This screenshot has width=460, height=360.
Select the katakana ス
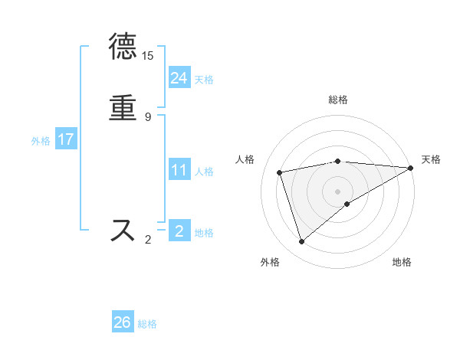124,230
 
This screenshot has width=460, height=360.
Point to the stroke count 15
147,56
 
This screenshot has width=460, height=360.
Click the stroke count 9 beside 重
147,116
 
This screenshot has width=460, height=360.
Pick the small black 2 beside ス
147,240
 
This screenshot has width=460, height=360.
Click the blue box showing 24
179,77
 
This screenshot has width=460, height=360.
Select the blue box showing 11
179,170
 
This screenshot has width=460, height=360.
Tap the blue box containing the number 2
179,231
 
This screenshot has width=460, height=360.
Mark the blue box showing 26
123,322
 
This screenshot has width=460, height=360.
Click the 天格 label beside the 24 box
204,80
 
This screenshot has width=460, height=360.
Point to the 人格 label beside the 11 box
204,172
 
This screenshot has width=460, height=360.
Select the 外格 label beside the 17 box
41,141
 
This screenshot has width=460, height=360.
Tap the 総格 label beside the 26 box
147,324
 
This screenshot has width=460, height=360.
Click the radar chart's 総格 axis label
337,100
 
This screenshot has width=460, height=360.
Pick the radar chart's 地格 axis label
402,262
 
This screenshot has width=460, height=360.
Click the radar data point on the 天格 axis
411,168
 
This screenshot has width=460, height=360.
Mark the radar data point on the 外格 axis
301,242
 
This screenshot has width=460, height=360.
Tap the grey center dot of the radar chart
337,191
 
